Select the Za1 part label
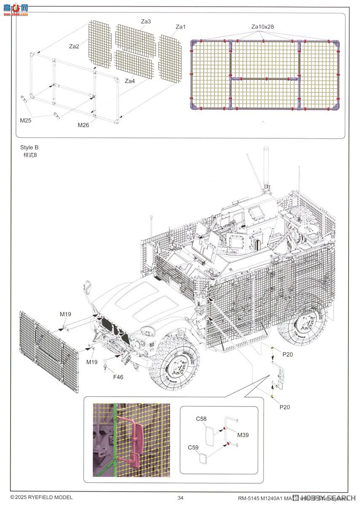coord(180,27)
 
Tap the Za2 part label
coord(74,46)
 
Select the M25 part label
coord(25,120)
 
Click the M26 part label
coord(83,125)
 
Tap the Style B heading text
coord(29,148)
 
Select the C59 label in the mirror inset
coord(193,447)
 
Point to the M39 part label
coord(243,434)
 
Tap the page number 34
coord(180,498)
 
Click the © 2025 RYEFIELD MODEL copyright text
coord(41,498)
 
